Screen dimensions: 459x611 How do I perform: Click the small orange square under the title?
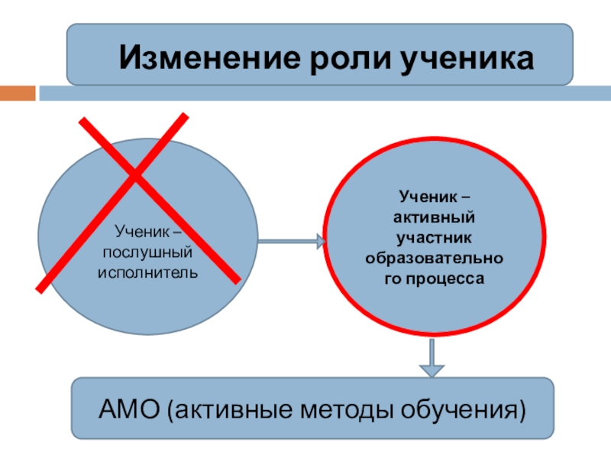point(18,93)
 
